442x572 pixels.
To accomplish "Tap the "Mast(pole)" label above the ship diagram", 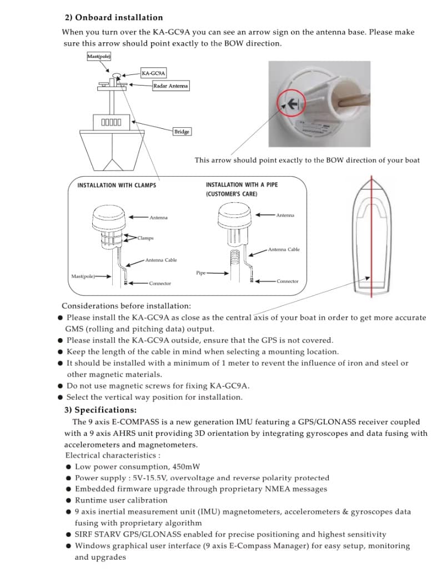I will (x=99, y=57).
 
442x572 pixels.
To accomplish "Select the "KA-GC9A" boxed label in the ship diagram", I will (x=153, y=73).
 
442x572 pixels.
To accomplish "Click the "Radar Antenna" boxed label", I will (x=171, y=86).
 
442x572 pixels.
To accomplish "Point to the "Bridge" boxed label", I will (x=182, y=132).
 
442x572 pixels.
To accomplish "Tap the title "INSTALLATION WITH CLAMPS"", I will (x=117, y=185).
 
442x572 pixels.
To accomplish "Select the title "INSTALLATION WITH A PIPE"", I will (x=242, y=184).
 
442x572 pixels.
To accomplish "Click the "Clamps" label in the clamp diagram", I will (x=146, y=238).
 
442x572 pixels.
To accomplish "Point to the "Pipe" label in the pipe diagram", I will (x=201, y=273).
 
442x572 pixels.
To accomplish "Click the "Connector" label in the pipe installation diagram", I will (x=288, y=281).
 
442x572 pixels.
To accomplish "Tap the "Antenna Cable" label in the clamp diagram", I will (x=161, y=260).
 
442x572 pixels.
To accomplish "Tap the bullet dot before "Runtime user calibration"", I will (x=68, y=500).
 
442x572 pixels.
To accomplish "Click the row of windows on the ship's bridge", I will (x=111, y=122).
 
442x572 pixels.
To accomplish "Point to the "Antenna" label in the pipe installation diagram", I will (x=285, y=215).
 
